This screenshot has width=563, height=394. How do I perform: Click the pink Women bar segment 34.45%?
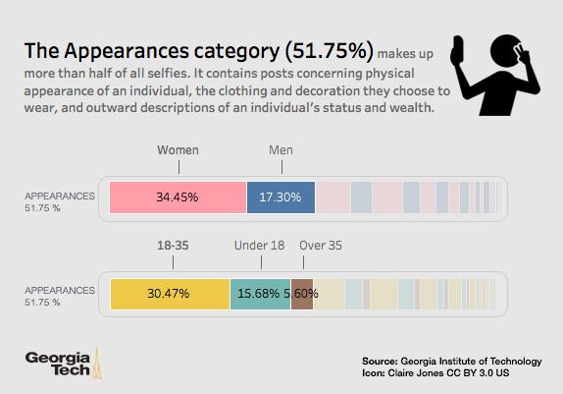pyautogui.click(x=178, y=197)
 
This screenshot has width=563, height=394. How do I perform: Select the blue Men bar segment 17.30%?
pyautogui.click(x=281, y=197)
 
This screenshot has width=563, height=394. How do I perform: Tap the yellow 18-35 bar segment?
pyautogui.click(x=170, y=293)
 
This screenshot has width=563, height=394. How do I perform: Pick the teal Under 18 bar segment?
pyautogui.click(x=260, y=293)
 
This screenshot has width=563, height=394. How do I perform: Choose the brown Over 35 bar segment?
pyautogui.click(x=302, y=293)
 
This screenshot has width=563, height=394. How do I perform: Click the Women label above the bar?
pyautogui.click(x=179, y=150)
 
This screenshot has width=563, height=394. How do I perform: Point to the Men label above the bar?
pyautogui.click(x=281, y=150)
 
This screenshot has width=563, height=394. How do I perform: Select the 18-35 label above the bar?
pyautogui.click(x=173, y=246)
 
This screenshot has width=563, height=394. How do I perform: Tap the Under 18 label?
pyautogui.click(x=260, y=246)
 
